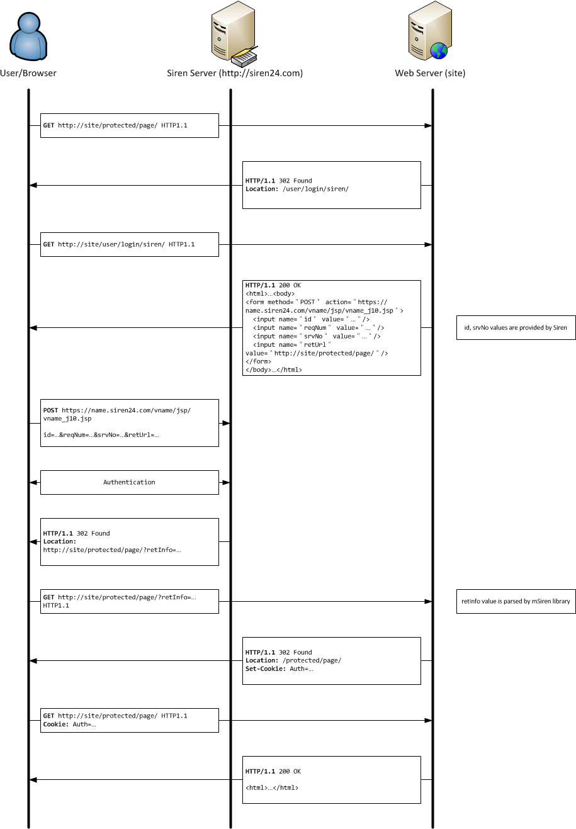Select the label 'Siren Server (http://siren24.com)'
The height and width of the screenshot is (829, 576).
click(x=235, y=73)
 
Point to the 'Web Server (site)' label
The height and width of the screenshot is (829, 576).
click(x=430, y=73)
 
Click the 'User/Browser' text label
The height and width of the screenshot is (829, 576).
click(x=28, y=73)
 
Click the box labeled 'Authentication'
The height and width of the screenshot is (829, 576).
click(x=129, y=482)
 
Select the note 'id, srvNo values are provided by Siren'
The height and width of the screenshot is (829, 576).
click(x=516, y=327)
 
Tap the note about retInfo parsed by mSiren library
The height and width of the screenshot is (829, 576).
click(x=516, y=601)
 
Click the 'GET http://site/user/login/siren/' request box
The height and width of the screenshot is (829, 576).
click(x=129, y=244)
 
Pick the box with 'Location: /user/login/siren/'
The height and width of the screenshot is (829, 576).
click(x=331, y=185)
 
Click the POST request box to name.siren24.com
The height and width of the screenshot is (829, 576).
click(x=129, y=422)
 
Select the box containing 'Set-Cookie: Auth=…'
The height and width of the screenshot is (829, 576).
click(x=331, y=660)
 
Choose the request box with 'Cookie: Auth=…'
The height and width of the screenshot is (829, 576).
click(x=129, y=720)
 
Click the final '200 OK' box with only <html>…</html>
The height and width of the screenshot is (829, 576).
click(x=331, y=779)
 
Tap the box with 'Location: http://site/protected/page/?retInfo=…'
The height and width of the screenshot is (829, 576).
click(x=129, y=541)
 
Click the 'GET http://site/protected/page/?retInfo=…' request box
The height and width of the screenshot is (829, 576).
click(x=129, y=601)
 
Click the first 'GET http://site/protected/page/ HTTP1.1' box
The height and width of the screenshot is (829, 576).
click(x=129, y=125)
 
